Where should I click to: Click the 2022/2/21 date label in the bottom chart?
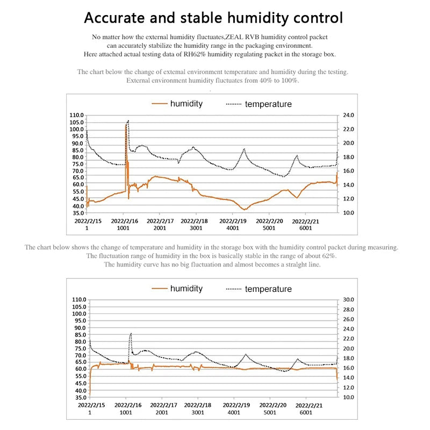click(305, 405)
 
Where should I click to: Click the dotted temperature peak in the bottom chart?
click(131, 334)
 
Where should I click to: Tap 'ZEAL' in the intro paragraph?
click(241, 37)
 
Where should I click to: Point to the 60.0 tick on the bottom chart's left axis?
click(77, 369)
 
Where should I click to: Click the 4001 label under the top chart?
click(233, 228)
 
